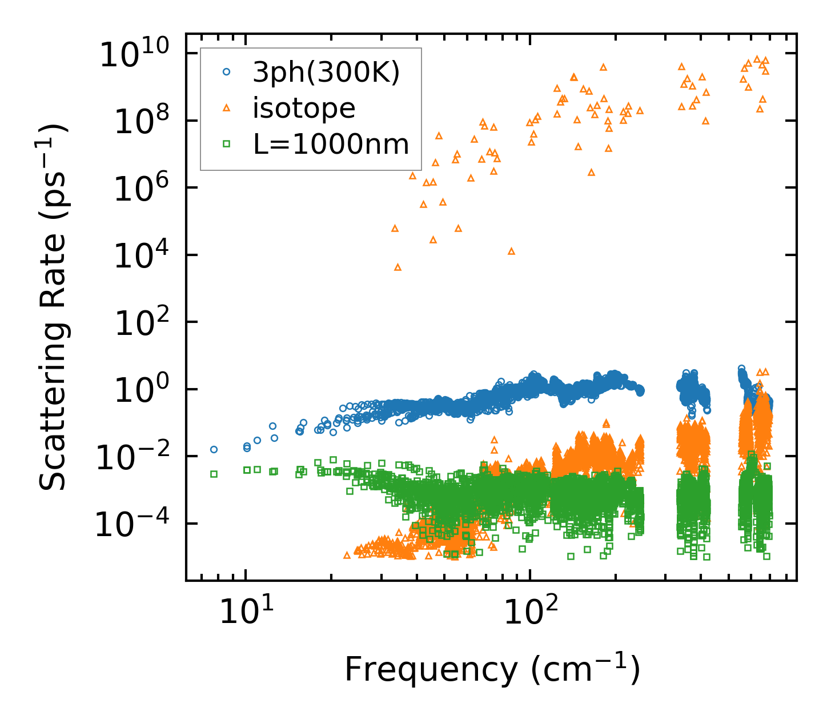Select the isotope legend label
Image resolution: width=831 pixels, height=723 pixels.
tap(304, 108)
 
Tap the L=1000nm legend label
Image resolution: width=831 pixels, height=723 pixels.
tap(331, 144)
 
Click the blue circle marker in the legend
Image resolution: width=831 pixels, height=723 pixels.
tap(227, 72)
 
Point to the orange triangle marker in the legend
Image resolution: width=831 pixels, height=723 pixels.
tap(227, 107)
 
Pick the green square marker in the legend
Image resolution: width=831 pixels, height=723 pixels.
tap(227, 144)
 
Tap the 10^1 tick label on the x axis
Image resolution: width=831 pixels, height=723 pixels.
tap(246, 611)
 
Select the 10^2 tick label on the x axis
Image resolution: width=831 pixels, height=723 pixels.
tap(530, 611)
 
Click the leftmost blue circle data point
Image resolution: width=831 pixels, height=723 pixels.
tap(214, 449)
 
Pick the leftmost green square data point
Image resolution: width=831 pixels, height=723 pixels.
tap(214, 474)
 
